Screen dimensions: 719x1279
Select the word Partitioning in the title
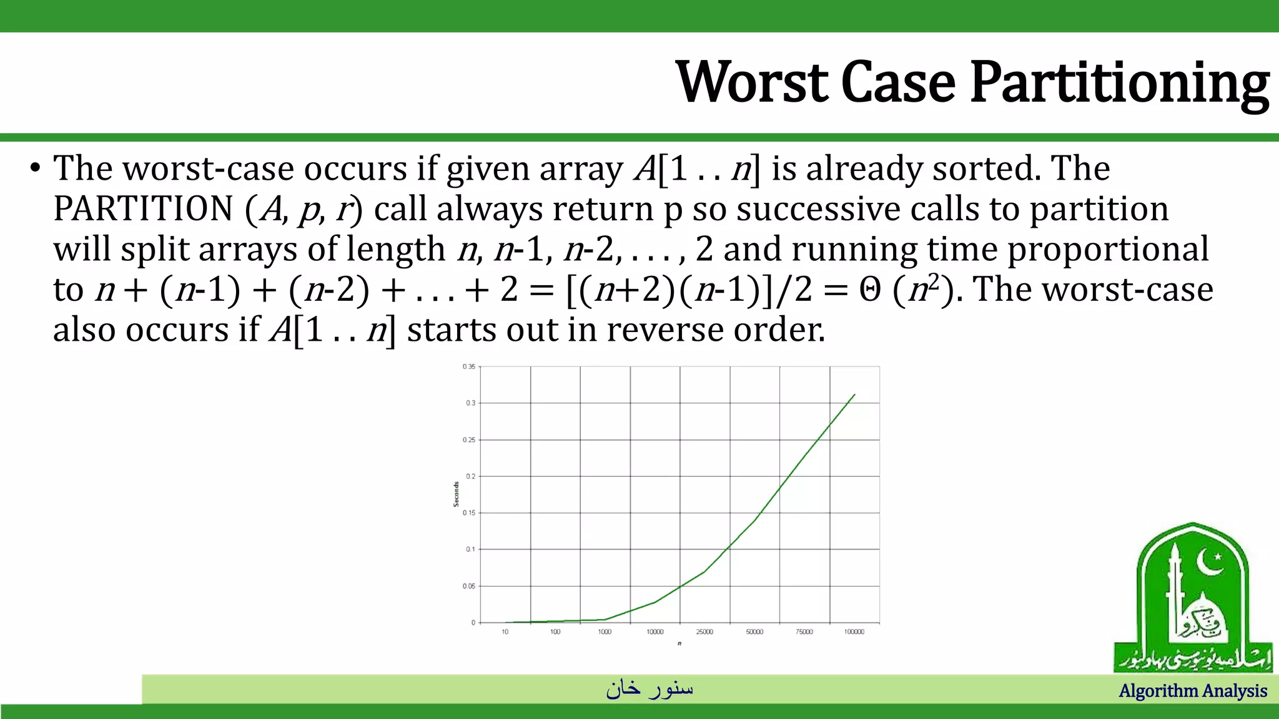tap(1119, 84)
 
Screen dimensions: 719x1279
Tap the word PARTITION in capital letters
tap(143, 208)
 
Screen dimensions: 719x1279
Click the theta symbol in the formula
tap(870, 290)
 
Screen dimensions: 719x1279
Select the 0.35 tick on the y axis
tap(469, 366)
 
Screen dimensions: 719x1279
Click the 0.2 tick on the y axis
tap(470, 476)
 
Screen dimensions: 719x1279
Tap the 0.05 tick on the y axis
tap(469, 586)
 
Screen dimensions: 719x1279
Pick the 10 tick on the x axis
tap(505, 632)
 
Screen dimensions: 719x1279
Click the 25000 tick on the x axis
tap(704, 632)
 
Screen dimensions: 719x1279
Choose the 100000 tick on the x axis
tap(854, 632)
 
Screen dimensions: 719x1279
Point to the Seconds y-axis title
tap(457, 494)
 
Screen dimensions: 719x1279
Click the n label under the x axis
tap(679, 643)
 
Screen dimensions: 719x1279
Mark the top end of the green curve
tap(854, 394)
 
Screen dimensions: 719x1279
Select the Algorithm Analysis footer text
tap(1193, 691)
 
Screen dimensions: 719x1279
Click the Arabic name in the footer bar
tap(649, 688)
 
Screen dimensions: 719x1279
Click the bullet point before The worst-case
tap(35, 169)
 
